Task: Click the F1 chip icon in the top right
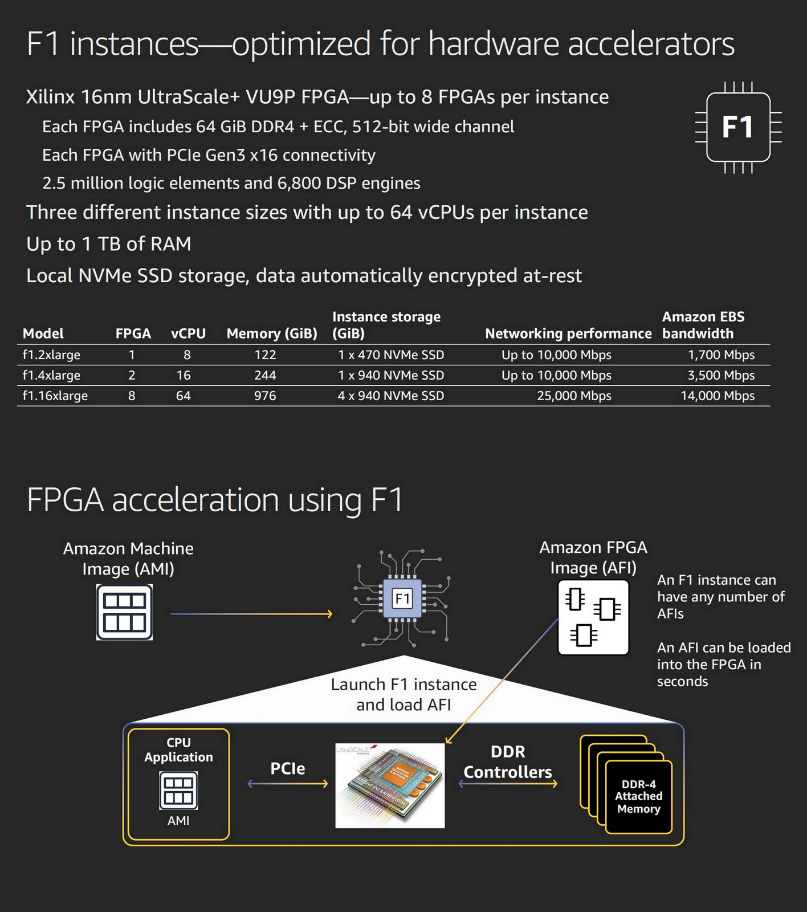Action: coord(738,127)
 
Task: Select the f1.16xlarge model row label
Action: coord(55,396)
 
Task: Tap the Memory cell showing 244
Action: coord(265,375)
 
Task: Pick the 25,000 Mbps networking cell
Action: coord(574,396)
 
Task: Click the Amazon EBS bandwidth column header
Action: coord(703,325)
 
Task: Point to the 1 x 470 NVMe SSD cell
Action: coord(391,355)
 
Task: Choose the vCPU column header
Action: coord(188,333)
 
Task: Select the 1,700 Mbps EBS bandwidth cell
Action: coord(721,355)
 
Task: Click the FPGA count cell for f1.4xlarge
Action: coord(132,375)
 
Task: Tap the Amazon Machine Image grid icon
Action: coord(124,613)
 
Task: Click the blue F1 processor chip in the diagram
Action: coord(402,598)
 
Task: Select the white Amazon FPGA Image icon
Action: coord(593,617)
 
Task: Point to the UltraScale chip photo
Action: coord(390,785)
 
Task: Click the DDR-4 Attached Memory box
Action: coord(638,797)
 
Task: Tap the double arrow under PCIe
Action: coord(288,784)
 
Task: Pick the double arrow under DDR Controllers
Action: coord(508,784)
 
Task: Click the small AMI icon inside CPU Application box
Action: coord(178,791)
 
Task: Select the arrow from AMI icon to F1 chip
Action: coord(251,614)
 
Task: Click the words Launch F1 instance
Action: coord(403,684)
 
